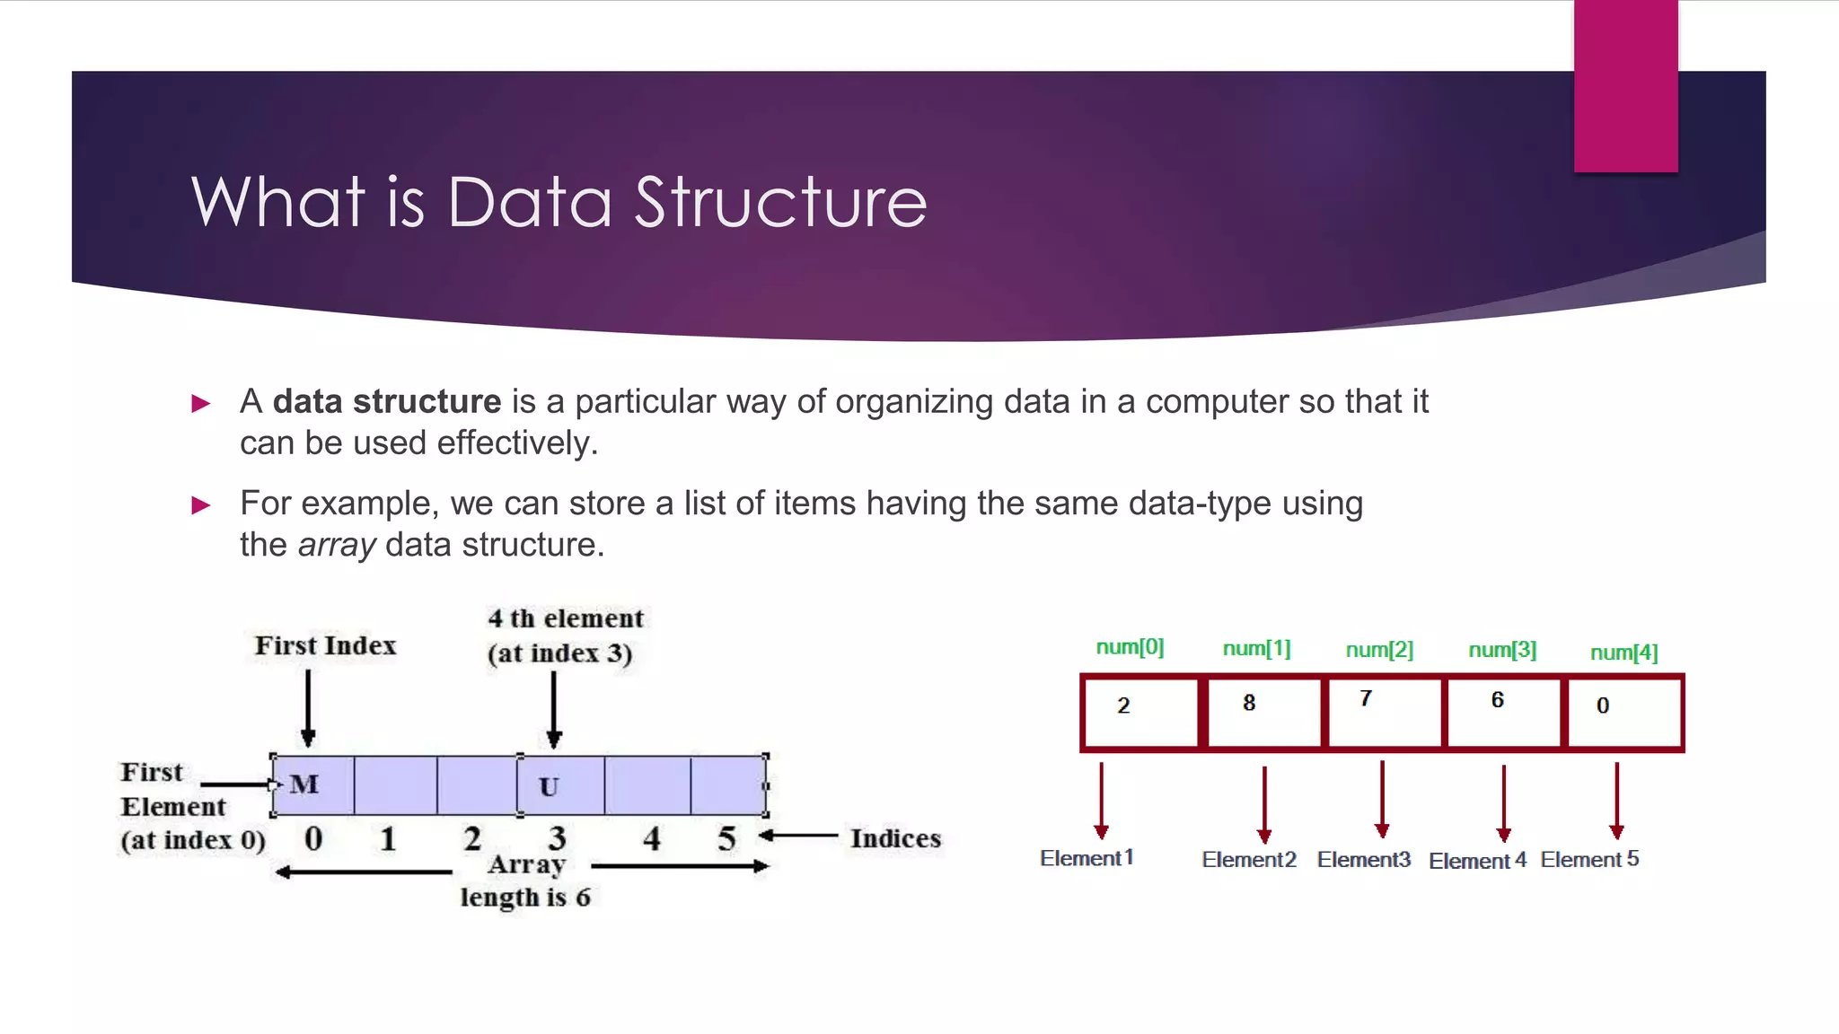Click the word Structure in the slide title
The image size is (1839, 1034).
click(780, 202)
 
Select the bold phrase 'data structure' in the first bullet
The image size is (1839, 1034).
click(386, 401)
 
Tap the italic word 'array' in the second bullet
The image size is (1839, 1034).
click(337, 545)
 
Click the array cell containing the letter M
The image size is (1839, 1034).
click(312, 785)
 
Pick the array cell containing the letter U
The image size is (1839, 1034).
click(560, 785)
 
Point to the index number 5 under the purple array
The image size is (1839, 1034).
click(726, 838)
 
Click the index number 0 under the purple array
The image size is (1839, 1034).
click(313, 838)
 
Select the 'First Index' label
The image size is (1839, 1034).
click(325, 645)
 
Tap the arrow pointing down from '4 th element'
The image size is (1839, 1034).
click(554, 709)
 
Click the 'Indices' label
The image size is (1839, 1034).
click(895, 838)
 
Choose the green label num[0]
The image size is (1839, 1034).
click(1130, 647)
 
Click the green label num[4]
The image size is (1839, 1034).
click(1623, 653)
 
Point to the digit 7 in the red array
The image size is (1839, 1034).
click(1366, 698)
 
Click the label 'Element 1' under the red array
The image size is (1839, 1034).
click(1087, 858)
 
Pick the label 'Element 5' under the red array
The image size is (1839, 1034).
click(1589, 859)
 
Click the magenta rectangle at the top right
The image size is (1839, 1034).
click(1625, 85)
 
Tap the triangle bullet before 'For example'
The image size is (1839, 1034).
click(201, 505)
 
